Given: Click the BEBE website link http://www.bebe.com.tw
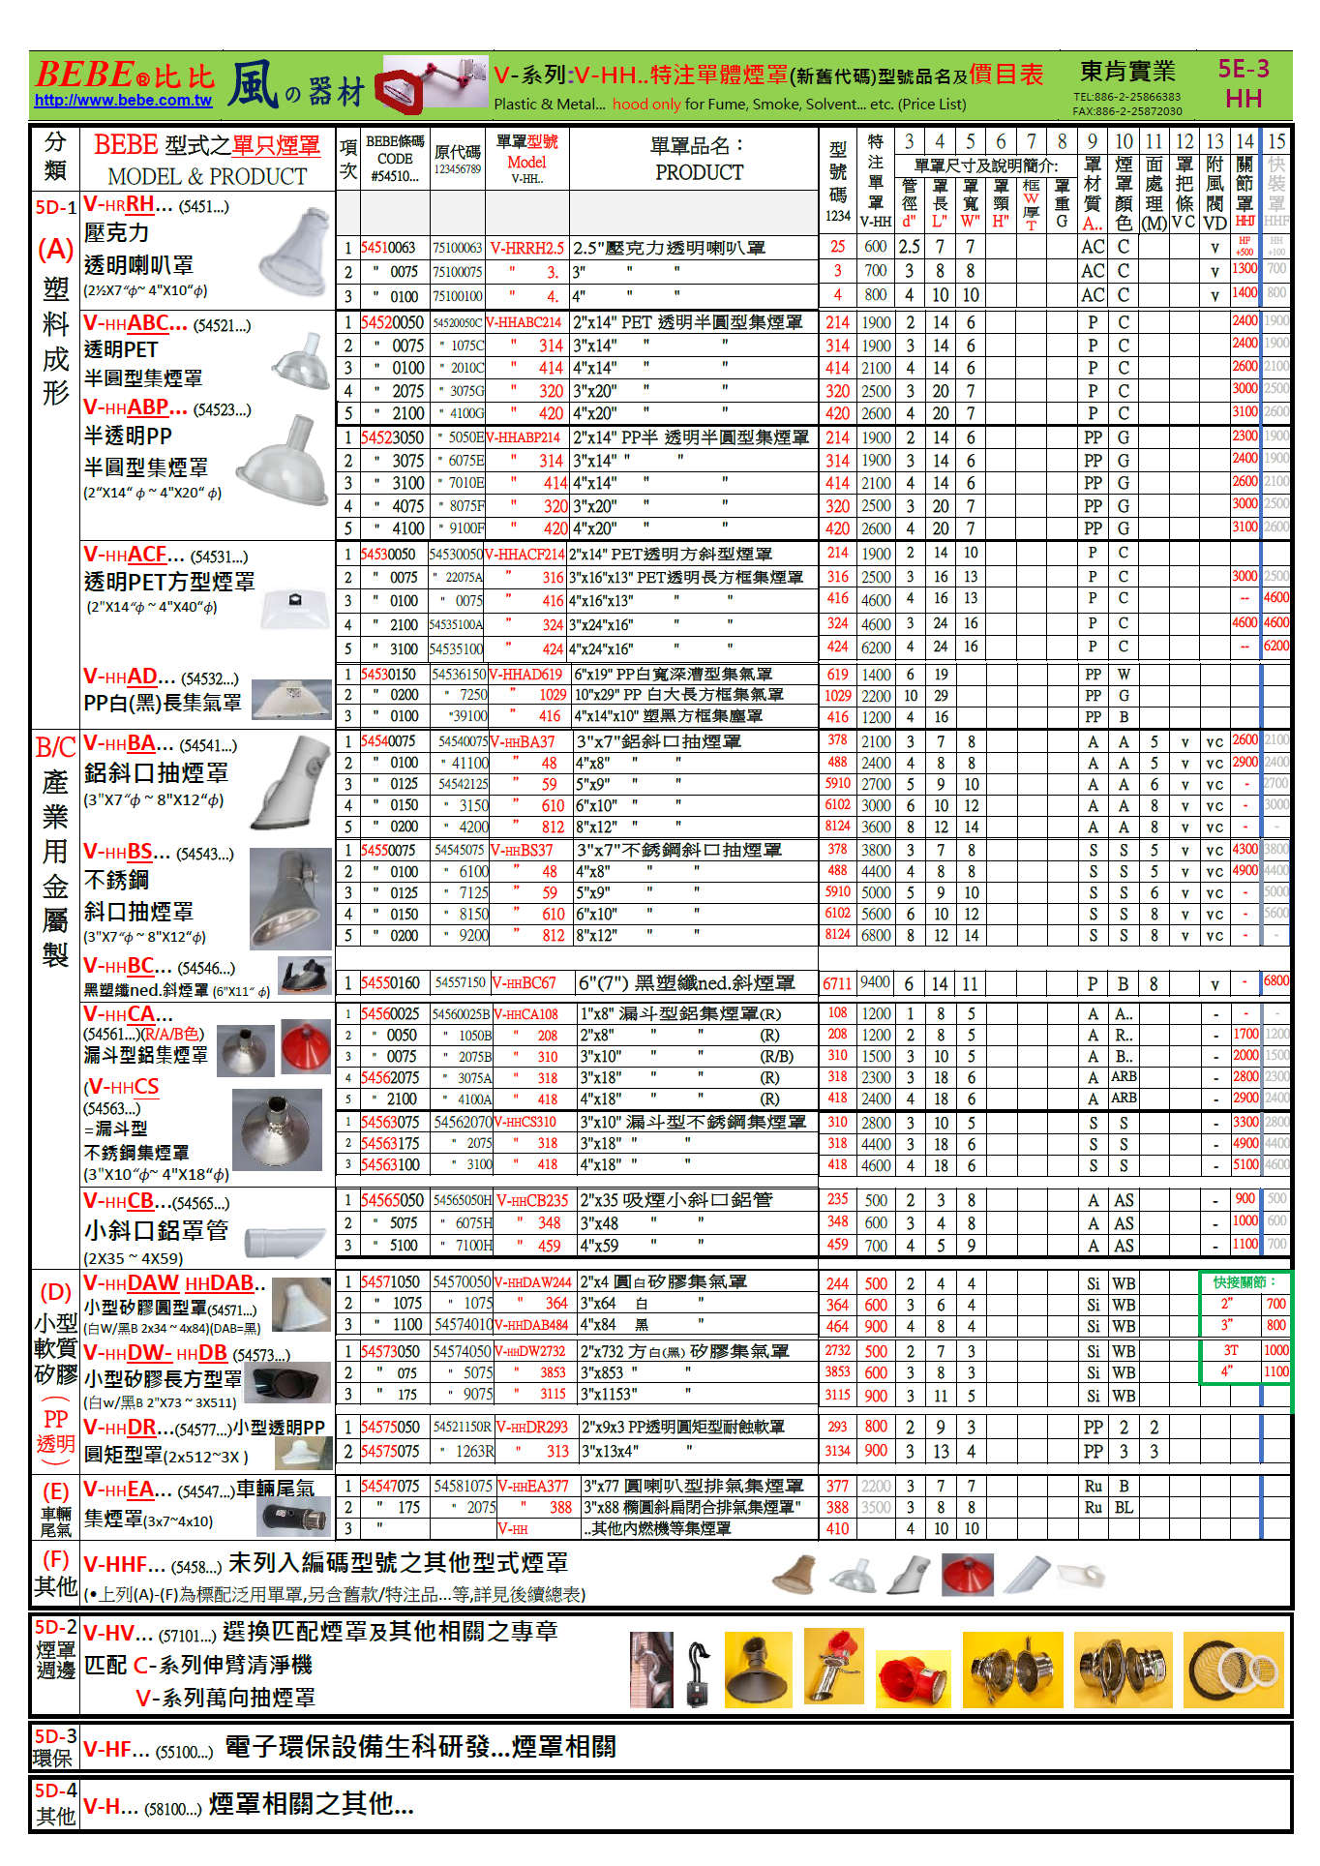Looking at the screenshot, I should [123, 101].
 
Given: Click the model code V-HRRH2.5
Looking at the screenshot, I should [526, 248].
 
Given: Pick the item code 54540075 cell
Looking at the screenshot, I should [387, 741].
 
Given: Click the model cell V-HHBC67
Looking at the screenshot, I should [525, 983].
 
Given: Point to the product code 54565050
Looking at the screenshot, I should [391, 1200].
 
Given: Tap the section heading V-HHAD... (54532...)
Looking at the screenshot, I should [161, 677].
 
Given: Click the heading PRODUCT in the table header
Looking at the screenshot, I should [699, 173].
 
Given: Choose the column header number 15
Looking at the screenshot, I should [1276, 141].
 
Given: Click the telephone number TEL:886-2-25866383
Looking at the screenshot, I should [1126, 97].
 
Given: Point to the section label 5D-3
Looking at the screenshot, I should [55, 1736].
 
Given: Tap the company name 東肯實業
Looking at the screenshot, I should [1127, 72].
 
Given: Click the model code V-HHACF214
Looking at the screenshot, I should [525, 555].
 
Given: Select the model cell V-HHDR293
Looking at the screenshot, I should [532, 1428].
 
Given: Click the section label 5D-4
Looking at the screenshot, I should [55, 1791].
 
